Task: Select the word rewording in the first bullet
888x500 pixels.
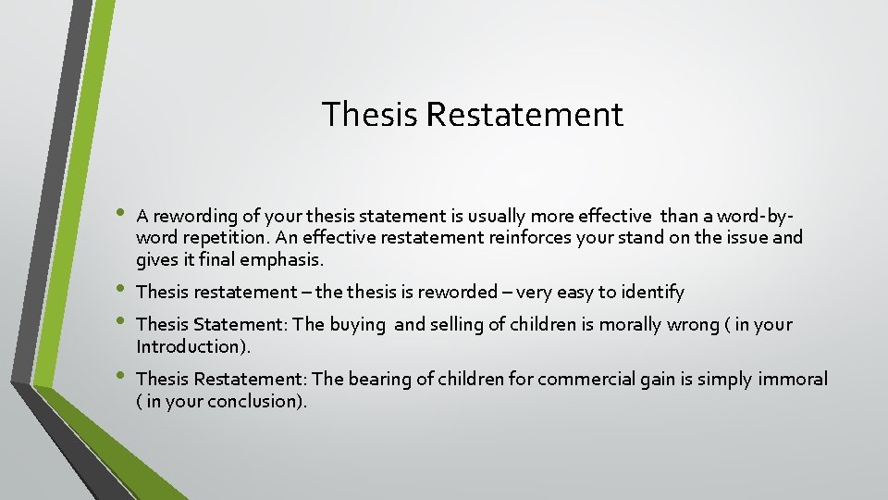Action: [194, 217]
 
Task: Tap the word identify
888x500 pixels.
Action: [652, 293]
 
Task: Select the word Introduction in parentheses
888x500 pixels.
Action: [190, 346]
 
